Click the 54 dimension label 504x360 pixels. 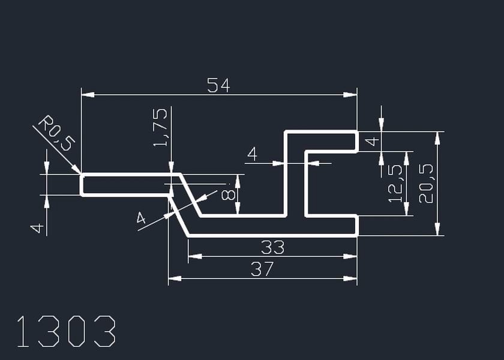[218, 86]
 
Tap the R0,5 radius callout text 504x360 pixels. [55, 133]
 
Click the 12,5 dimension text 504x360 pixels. [396, 184]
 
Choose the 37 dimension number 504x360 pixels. [262, 269]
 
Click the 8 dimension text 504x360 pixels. [228, 194]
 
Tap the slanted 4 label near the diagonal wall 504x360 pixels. [142, 218]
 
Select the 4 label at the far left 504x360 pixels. [37, 228]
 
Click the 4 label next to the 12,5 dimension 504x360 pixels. [372, 142]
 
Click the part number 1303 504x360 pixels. [66, 332]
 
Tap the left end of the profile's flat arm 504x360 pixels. [82, 185]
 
